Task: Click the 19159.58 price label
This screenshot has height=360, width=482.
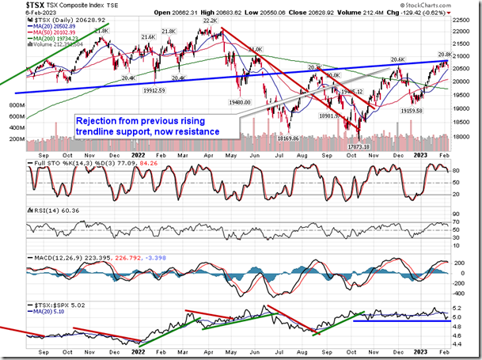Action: click(418, 110)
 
